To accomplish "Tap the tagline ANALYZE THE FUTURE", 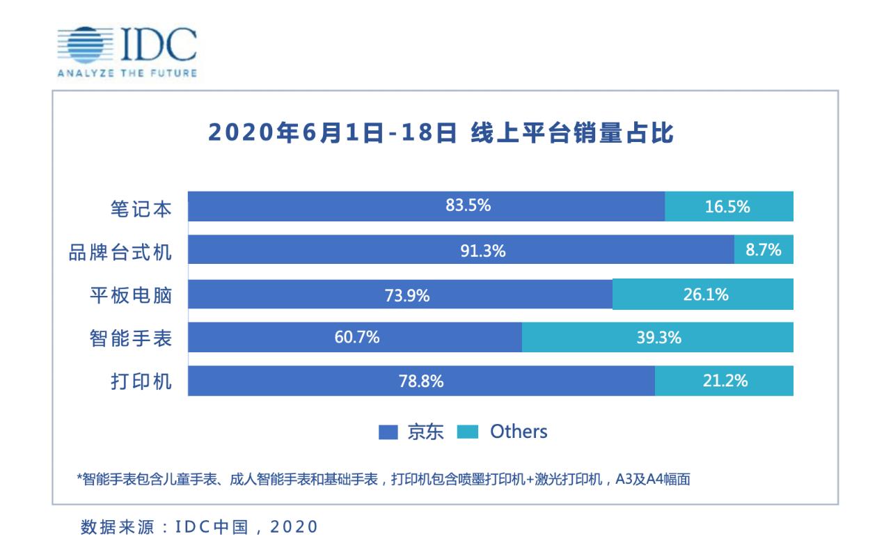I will [127, 73].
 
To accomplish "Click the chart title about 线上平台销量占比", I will [441, 132].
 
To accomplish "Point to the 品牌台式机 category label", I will [120, 251].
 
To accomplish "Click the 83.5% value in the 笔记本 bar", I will [468, 206].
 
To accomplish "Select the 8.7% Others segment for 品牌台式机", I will [764, 250].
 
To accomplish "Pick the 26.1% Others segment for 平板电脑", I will [703, 294].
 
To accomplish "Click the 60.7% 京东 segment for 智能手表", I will [355, 338].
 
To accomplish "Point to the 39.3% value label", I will [658, 338].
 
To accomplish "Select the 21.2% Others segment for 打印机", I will [724, 381].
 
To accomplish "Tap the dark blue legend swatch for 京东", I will [388, 432].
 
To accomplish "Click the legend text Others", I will [519, 432].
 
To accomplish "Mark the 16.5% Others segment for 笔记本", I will [729, 207].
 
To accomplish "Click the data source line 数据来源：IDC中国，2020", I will [199, 526].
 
